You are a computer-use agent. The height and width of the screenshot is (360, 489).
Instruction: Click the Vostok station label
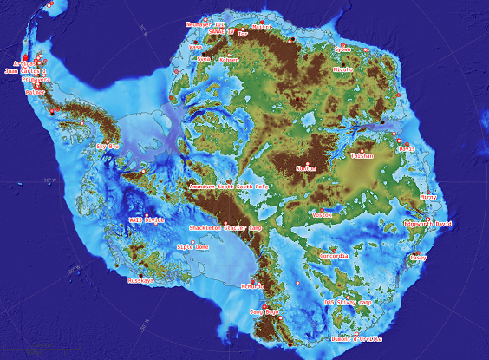point(322,213)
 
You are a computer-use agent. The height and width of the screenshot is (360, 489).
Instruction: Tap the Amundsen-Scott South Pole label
point(229,187)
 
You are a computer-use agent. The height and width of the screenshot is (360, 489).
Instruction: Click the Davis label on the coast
point(407,148)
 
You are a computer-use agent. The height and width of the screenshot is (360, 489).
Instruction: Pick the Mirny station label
point(428,197)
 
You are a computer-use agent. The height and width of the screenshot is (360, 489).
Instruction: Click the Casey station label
point(419,258)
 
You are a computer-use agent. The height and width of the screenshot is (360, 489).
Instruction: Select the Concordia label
point(334,256)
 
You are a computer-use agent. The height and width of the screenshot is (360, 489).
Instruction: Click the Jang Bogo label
point(264,311)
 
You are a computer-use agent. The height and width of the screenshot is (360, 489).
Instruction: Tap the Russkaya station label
point(140,281)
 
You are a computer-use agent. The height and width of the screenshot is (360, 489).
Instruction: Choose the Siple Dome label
point(192,246)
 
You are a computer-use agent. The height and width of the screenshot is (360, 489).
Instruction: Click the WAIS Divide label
point(147,220)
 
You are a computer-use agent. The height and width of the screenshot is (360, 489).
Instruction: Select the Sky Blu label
point(107,147)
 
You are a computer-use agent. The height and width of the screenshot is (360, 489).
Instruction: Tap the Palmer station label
point(36,91)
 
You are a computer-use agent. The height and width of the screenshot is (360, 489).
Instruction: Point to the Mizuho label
point(342,68)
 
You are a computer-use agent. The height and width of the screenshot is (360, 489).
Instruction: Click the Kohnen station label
point(229,60)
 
